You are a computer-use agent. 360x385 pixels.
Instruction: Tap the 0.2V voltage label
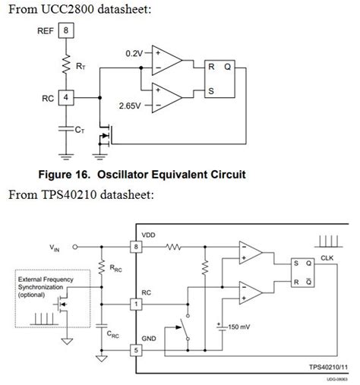(134, 53)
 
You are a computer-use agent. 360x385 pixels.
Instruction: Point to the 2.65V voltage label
(131, 106)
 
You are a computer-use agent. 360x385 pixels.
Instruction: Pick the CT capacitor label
(79, 130)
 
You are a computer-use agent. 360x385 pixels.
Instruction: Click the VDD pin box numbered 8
(135, 247)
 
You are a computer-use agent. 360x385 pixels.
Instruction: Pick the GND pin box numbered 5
(135, 351)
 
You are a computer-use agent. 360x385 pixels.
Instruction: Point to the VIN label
(54, 248)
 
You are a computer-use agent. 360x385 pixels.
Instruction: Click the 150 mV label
(239, 327)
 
